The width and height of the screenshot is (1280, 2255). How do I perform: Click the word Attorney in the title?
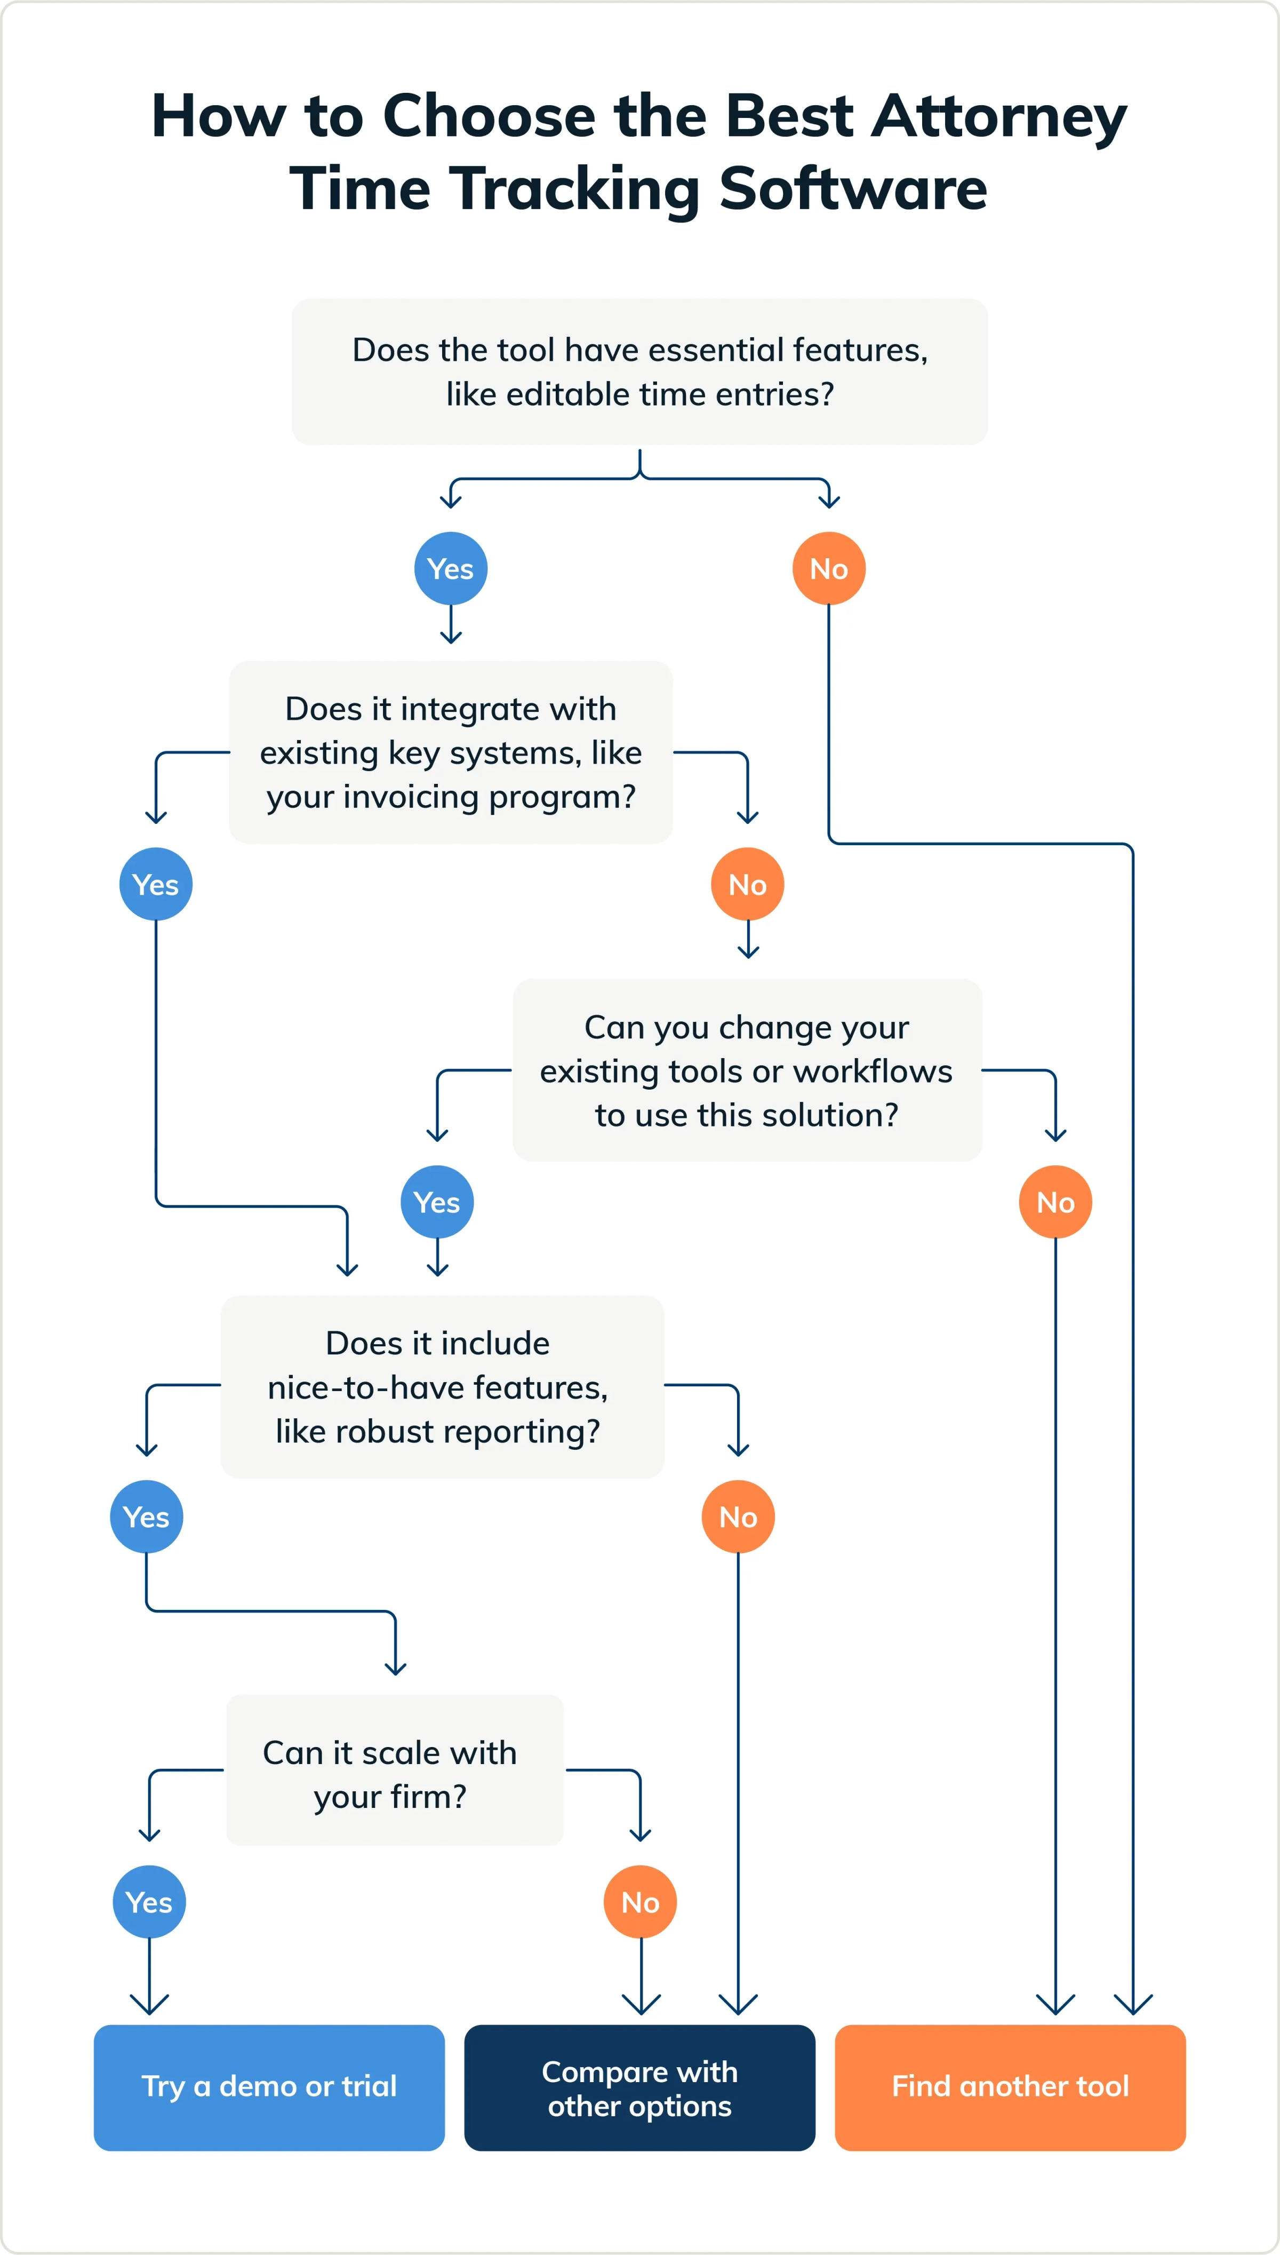[999, 117]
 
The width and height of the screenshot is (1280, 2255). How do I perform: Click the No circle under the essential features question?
[828, 568]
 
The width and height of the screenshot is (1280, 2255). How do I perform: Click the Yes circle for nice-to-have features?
[146, 1516]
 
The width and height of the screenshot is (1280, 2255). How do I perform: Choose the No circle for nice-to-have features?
[738, 1516]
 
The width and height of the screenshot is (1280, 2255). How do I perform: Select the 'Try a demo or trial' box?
[269, 2087]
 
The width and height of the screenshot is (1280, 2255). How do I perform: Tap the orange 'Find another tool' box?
[1010, 2087]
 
